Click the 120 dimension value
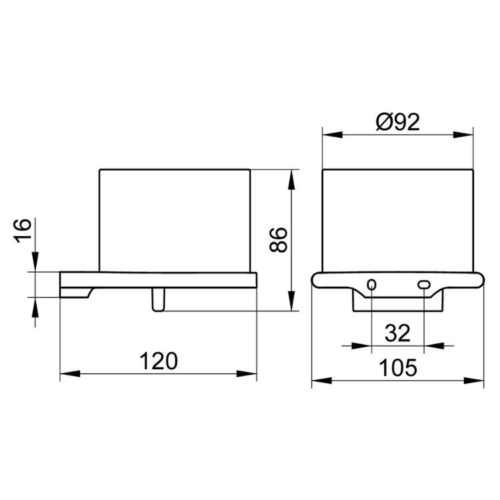[159, 361]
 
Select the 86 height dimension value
[279, 240]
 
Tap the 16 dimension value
[23, 231]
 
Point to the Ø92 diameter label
[397, 122]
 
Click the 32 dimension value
[397, 333]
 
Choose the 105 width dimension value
[397, 367]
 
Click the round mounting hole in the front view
[372, 285]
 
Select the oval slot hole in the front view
[424, 285]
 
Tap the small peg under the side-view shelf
[159, 300]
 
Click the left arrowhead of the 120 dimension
[70, 374]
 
